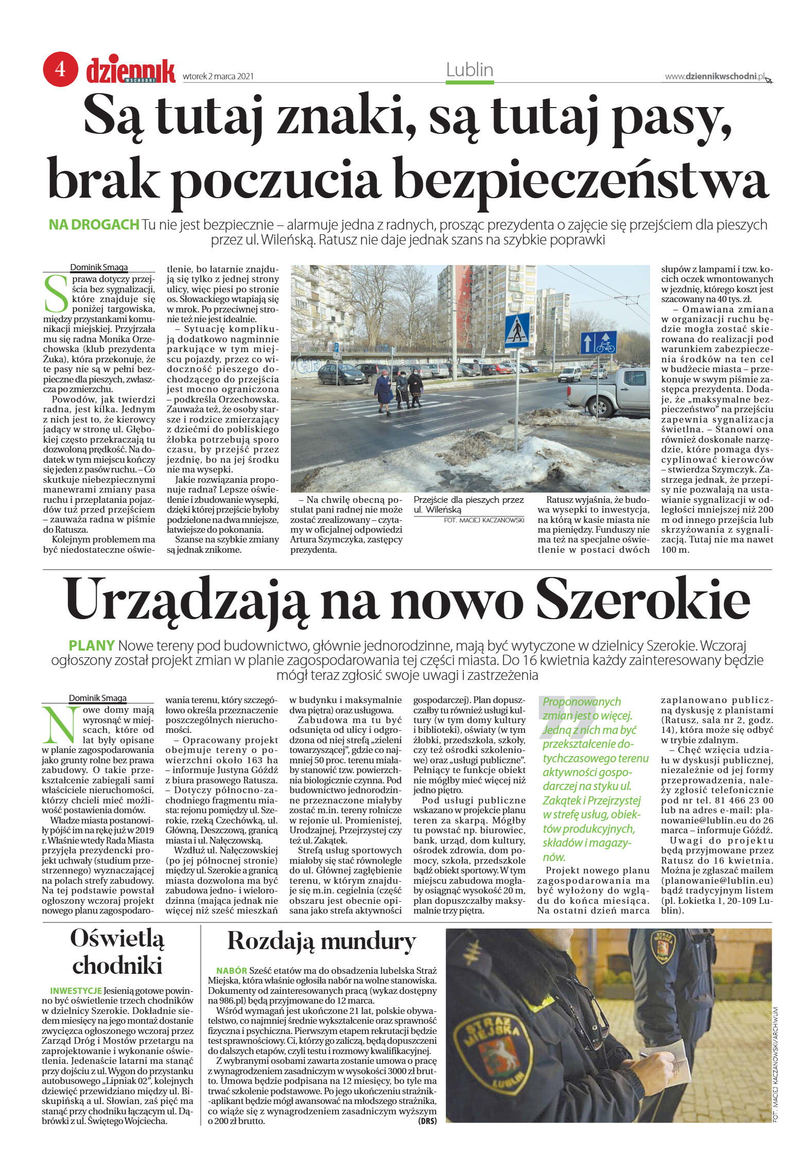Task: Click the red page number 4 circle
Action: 60,68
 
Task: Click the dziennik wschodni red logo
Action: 131,71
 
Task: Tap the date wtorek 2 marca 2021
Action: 218,77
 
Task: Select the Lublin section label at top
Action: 469,70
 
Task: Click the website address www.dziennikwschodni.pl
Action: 714,77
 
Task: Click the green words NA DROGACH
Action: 94,224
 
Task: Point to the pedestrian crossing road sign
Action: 517,330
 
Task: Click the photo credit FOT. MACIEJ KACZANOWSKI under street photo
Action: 483,520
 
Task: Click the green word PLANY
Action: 91,645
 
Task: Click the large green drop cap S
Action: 56,294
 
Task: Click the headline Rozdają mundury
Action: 321,941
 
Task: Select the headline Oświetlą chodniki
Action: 117,951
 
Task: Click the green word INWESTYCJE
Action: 76,991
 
